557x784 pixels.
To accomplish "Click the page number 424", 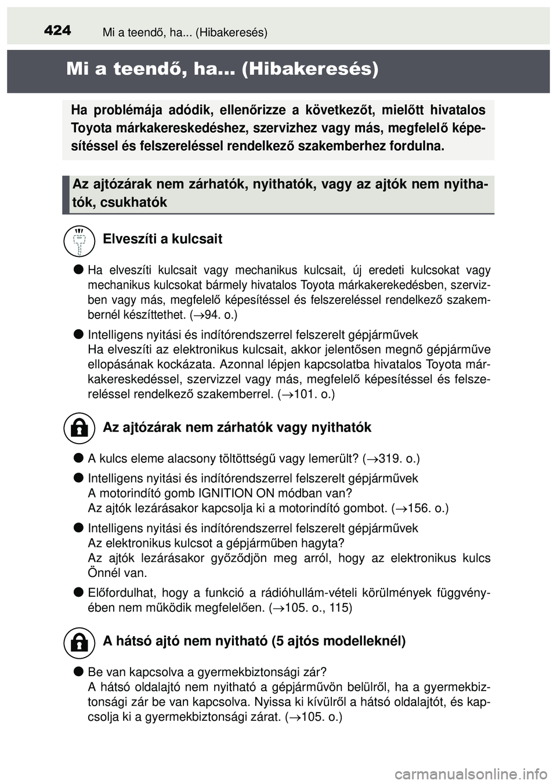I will pyautogui.click(x=57, y=30).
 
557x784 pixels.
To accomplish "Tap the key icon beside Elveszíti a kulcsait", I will pyautogui.click(x=79, y=241).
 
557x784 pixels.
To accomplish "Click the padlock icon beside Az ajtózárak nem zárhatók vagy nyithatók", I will pyautogui.click(x=79, y=428).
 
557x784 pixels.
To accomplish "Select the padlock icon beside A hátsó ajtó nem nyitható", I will pyautogui.click(x=79, y=642).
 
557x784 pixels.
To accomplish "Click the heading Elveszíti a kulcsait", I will pyautogui.click(x=162, y=239).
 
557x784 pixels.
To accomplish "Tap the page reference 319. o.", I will pyautogui.click(x=394, y=459).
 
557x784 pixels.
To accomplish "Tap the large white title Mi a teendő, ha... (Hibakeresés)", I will pyautogui.click(x=222, y=69).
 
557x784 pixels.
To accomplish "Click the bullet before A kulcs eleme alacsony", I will pyautogui.click(x=78, y=458).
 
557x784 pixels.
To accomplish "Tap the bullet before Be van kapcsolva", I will pyautogui.click(x=78, y=672).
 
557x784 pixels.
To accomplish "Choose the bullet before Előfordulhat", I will pyautogui.click(x=78, y=592).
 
